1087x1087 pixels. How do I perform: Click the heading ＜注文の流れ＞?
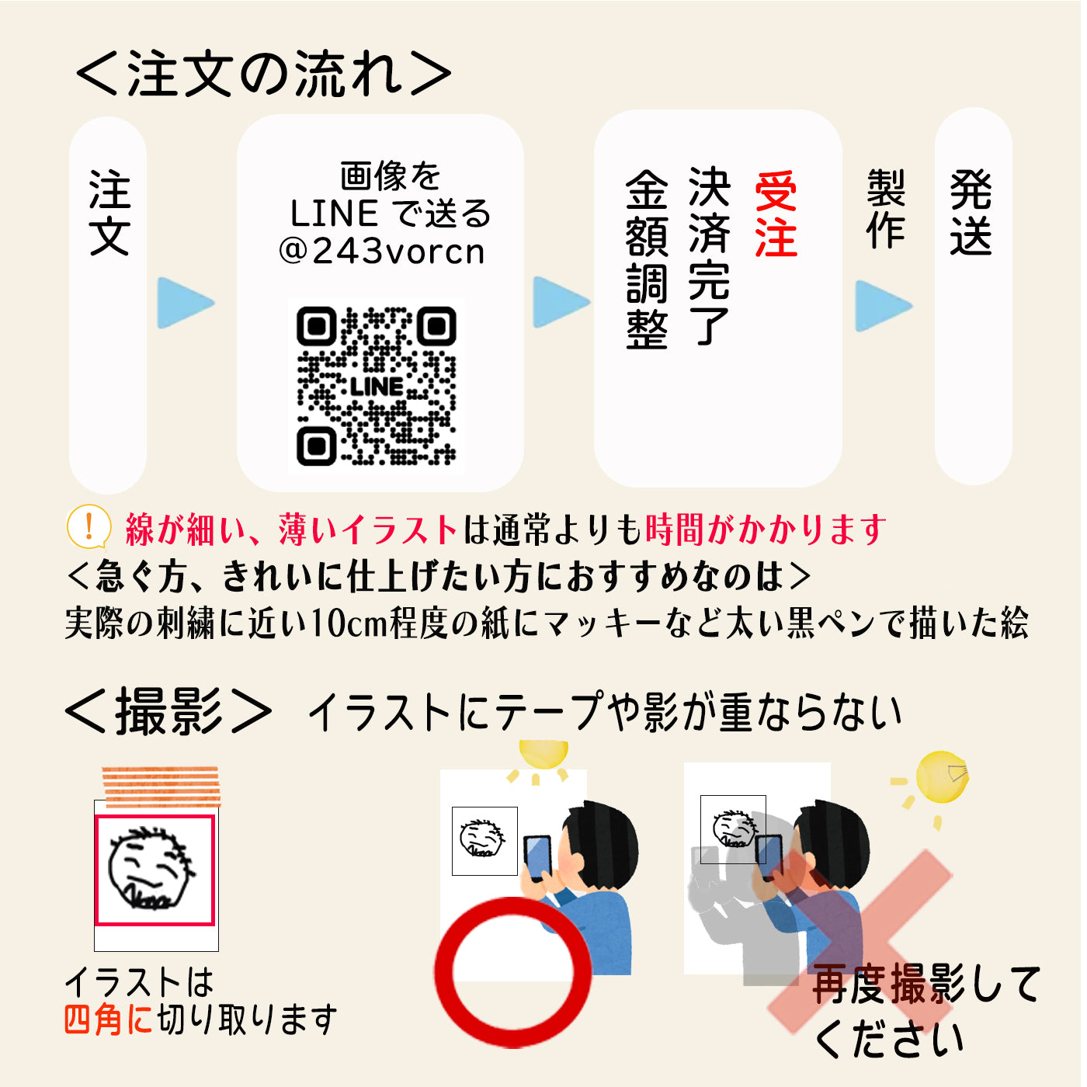(x=263, y=74)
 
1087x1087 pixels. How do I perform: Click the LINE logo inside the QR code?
(x=377, y=387)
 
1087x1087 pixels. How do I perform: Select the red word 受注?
(x=776, y=215)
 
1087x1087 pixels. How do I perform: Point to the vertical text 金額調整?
(x=647, y=259)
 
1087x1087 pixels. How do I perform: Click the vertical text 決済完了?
(x=709, y=257)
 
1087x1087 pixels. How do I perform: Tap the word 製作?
(x=886, y=209)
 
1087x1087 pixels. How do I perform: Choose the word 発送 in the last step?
(x=971, y=213)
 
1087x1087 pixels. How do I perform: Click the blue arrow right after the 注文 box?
(x=186, y=302)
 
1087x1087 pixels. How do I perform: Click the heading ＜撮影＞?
(x=168, y=712)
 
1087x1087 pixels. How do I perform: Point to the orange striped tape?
(x=161, y=786)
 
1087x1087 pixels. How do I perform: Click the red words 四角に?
(x=108, y=1019)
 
